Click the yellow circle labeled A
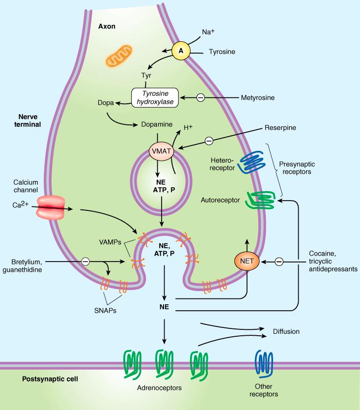pyautogui.click(x=181, y=50)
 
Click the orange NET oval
pyautogui.click(x=247, y=262)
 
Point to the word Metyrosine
pyautogui.click(x=257, y=98)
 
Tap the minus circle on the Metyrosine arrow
pyautogui.click(x=200, y=98)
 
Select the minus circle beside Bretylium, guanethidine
pyautogui.click(x=85, y=261)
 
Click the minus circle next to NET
pyautogui.click(x=279, y=262)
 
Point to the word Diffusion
pyautogui.click(x=286, y=331)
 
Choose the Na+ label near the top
pyautogui.click(x=209, y=33)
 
